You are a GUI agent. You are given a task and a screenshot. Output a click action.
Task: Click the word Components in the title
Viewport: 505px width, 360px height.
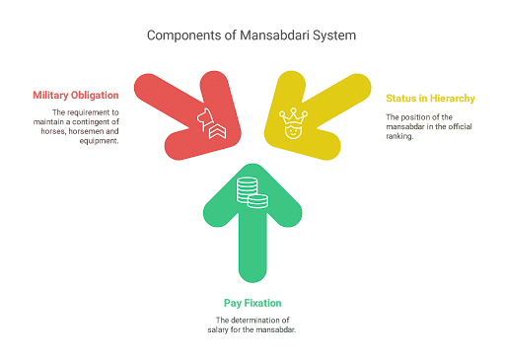pos(180,36)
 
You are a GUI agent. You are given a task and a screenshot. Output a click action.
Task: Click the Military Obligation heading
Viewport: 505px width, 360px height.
pos(76,96)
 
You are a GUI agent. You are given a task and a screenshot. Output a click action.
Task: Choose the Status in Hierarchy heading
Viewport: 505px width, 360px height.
pos(430,99)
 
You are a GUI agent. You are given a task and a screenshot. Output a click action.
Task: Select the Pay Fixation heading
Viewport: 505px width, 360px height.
pos(252,304)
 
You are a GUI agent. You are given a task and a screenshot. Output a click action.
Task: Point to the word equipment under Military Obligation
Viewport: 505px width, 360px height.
pos(100,141)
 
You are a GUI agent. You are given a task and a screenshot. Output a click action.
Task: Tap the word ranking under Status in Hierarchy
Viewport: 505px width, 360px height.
pos(399,136)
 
